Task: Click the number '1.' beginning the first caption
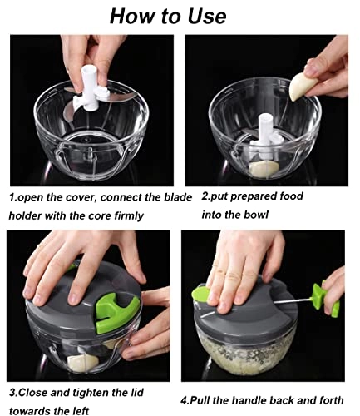pos(12,198)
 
